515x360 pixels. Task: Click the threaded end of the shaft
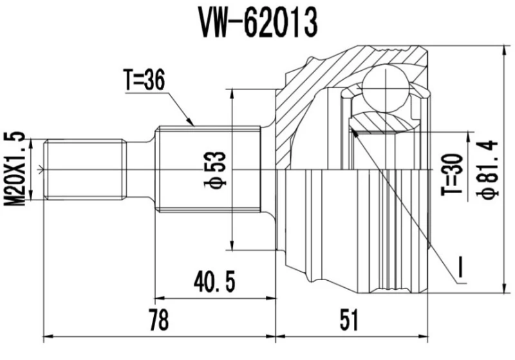[84, 169]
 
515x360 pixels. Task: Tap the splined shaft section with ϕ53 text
[193, 169]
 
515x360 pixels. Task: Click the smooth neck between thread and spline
[140, 169]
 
